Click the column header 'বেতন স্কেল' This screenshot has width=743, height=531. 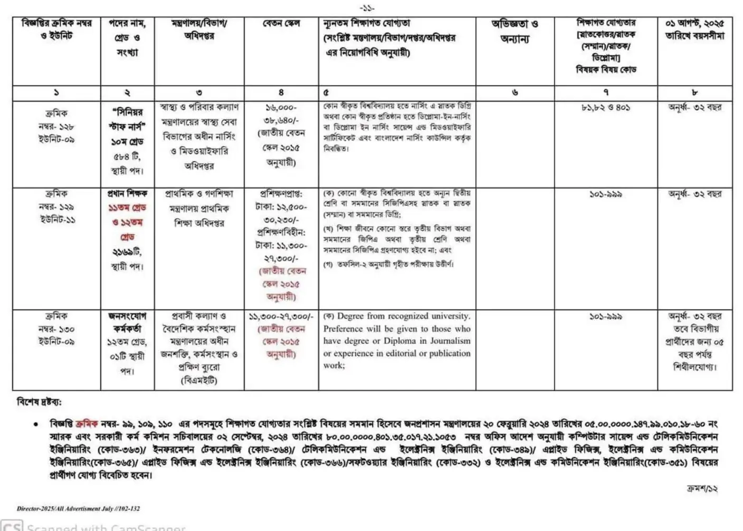tap(281, 24)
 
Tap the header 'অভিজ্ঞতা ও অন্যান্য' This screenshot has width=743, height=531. tap(515, 31)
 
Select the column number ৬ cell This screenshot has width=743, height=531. tap(515, 93)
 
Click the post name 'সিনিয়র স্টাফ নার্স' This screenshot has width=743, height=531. tap(127, 119)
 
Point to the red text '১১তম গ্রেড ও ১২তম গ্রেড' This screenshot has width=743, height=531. tap(127, 222)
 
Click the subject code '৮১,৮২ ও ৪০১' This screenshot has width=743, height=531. tap(605, 108)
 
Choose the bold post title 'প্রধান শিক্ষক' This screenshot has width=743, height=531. tap(127, 194)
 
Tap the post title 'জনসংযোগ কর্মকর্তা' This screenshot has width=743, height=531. tap(127, 322)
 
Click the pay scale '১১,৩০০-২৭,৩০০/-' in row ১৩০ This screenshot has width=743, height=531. tap(281, 317)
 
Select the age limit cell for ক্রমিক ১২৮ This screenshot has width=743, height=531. tap(694, 108)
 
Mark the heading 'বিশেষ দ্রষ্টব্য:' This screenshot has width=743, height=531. tap(40, 402)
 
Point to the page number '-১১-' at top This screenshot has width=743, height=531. tap(367, 8)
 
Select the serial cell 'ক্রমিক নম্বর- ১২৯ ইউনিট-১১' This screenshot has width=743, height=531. tap(56, 207)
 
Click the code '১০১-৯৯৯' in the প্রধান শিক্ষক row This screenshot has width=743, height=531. tap(605, 195)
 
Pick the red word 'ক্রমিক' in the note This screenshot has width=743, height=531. tap(87, 424)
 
